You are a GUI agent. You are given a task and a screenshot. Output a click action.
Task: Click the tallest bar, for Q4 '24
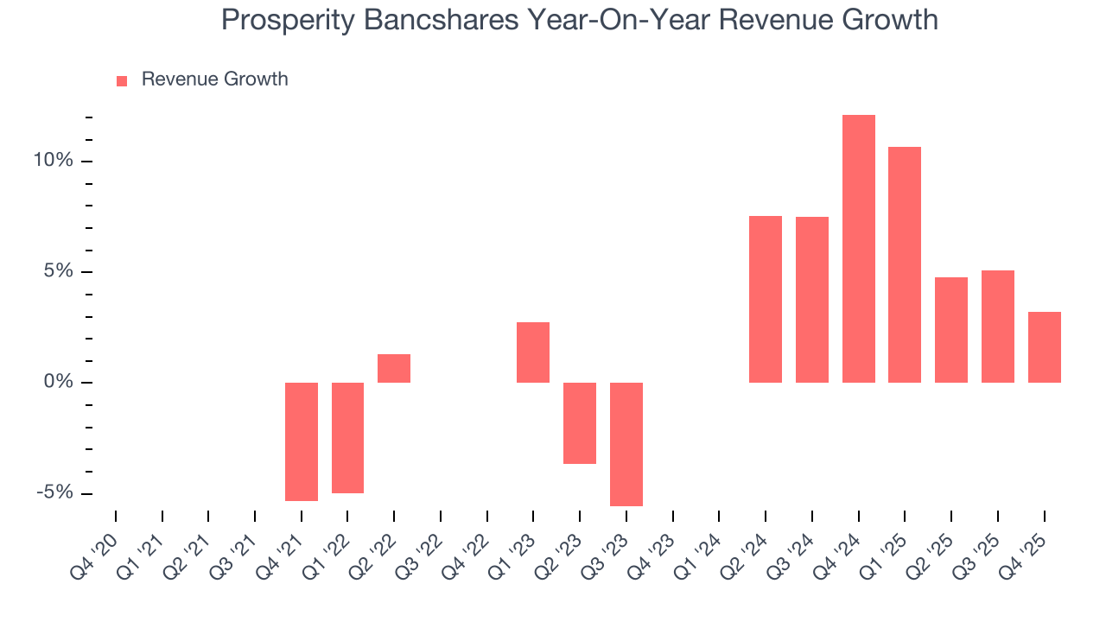pos(858,249)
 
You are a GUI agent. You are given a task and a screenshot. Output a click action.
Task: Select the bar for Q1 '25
pos(905,264)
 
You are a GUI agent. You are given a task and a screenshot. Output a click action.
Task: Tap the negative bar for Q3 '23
pos(626,444)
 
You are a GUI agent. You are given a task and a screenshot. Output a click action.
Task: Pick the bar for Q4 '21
pos(302,441)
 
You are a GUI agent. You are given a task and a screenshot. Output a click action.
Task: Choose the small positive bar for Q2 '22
pos(394,368)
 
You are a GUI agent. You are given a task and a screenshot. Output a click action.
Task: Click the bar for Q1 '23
pos(533,352)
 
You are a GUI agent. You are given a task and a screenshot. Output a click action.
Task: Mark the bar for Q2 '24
pos(766,299)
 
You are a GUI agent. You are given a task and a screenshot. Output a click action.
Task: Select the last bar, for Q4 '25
pos(1044,347)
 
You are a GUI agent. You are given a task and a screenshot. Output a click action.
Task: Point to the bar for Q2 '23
pos(580,423)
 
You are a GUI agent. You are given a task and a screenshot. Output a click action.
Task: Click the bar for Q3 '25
pos(997,327)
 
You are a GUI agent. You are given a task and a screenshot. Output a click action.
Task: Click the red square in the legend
pos(122,80)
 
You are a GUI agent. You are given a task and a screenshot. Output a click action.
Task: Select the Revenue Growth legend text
pos(214,79)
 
